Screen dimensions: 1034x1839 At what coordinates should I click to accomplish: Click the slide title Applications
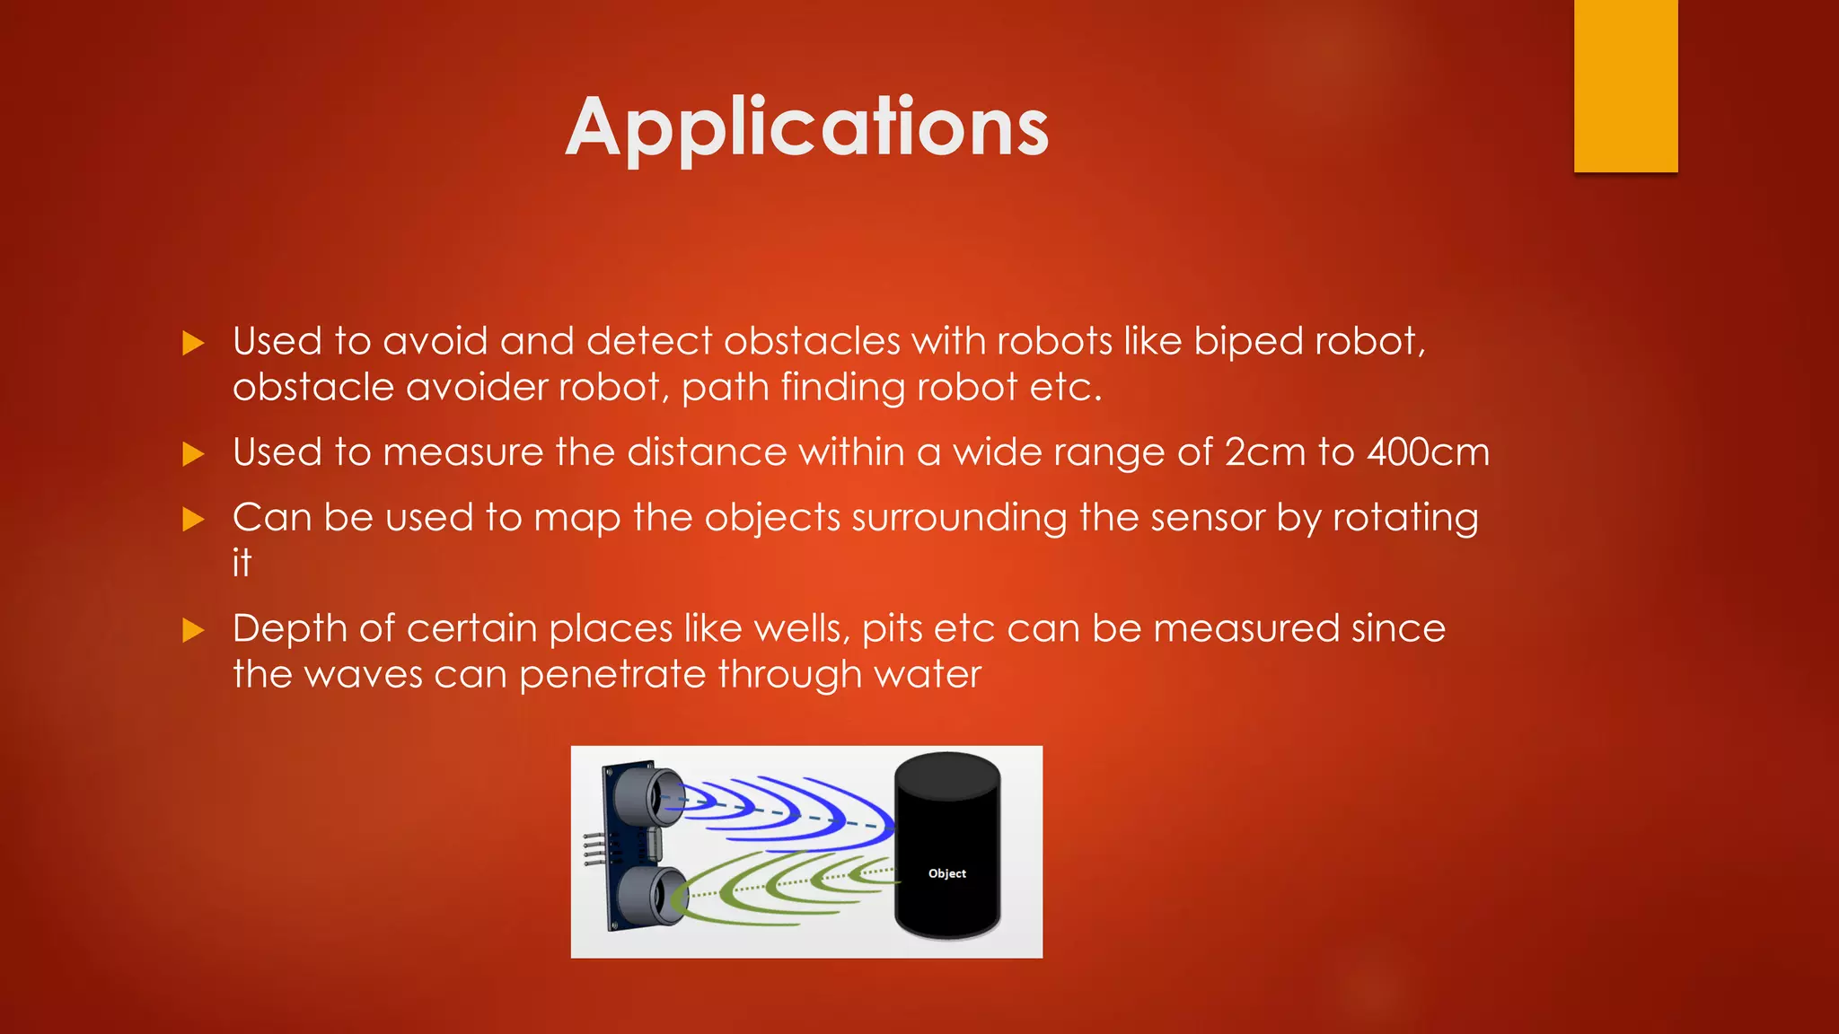click(806, 128)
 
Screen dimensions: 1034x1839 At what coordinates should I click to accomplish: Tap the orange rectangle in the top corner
click(1625, 85)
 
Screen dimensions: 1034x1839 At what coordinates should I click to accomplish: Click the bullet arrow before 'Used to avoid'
click(193, 343)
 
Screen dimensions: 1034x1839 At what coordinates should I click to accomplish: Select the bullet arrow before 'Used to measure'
click(193, 453)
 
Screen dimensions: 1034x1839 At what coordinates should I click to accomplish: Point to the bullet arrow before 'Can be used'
click(193, 519)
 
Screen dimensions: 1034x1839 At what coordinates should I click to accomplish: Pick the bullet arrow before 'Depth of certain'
click(193, 630)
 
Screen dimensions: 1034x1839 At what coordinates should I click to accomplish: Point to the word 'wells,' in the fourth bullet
click(802, 628)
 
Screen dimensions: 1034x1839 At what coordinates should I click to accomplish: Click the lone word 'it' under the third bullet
click(242, 564)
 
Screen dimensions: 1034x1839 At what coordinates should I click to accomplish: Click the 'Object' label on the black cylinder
click(946, 873)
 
